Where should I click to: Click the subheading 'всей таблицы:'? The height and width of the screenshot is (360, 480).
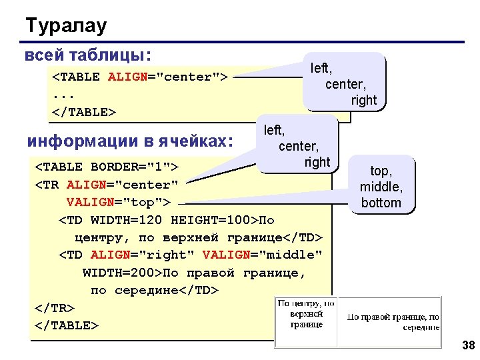click(87, 55)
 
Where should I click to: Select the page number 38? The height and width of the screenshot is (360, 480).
click(467, 345)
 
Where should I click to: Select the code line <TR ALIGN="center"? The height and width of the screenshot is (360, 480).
click(107, 184)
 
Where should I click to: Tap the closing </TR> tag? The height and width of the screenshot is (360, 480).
click(54, 307)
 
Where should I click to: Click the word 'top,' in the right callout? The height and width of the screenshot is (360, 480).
click(381, 171)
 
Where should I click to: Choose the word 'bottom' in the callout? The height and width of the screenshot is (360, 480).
click(381, 203)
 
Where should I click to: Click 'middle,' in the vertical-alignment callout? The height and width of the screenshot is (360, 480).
click(381, 187)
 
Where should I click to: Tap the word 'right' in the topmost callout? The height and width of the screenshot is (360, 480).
click(364, 100)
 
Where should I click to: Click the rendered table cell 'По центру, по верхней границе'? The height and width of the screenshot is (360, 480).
click(306, 313)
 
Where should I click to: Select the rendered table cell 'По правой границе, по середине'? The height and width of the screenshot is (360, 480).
click(392, 322)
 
